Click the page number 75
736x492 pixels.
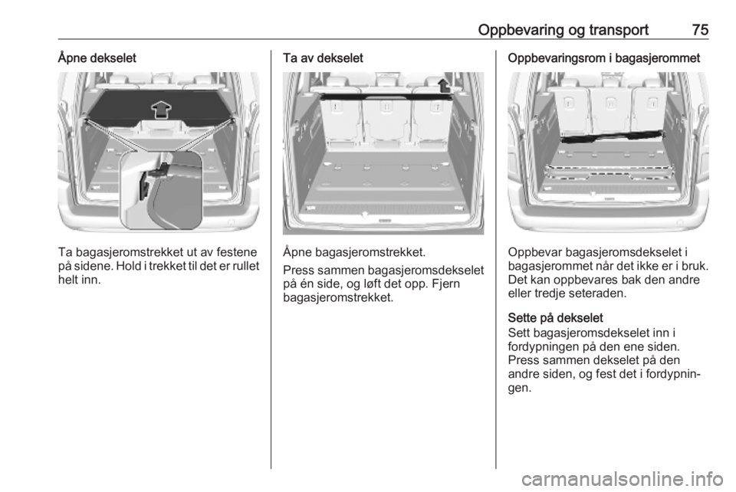[x=700, y=30]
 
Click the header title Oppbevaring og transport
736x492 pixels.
[x=563, y=30]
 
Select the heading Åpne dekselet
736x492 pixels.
[x=97, y=58]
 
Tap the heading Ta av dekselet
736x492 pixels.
[x=323, y=58]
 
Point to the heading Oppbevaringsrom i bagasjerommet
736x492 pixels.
[x=603, y=58]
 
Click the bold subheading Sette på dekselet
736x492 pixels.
[x=555, y=317]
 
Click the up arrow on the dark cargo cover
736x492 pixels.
[x=161, y=110]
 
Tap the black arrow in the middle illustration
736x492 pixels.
[x=444, y=86]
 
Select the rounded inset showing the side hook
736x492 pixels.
[x=160, y=192]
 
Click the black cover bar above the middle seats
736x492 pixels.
[x=386, y=97]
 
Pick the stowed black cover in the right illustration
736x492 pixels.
[x=613, y=136]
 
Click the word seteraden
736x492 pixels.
[x=596, y=294]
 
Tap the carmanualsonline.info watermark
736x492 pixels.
[x=622, y=479]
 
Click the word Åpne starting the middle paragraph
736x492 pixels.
[x=297, y=252]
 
